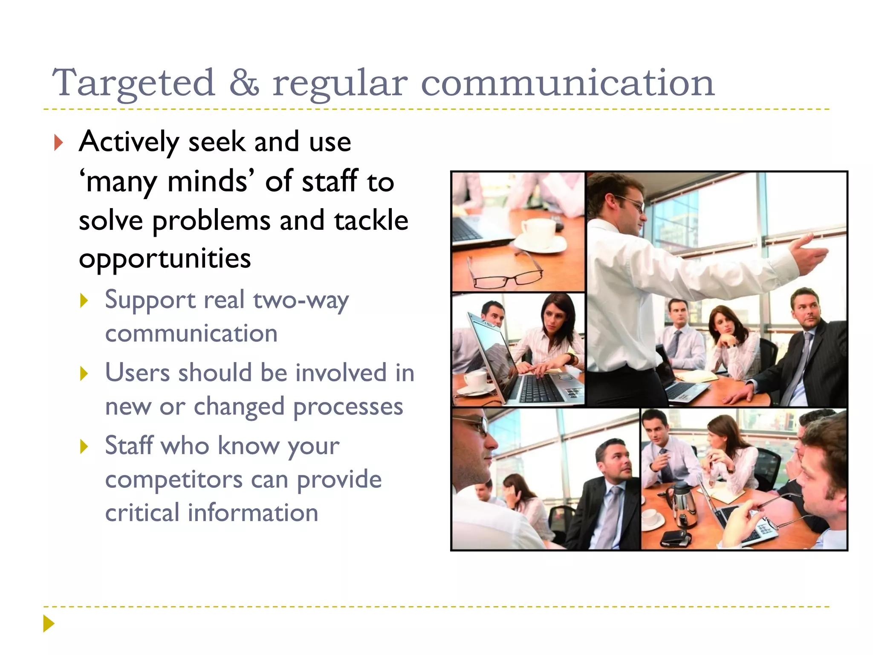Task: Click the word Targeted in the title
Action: (133, 83)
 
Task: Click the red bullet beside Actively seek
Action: (58, 142)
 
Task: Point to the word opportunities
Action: (165, 258)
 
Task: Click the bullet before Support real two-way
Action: (84, 301)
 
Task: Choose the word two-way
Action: (301, 300)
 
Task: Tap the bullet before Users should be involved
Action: (84, 374)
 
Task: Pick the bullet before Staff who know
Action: (84, 447)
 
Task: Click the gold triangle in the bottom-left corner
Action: (49, 623)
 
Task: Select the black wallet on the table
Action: (675, 538)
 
